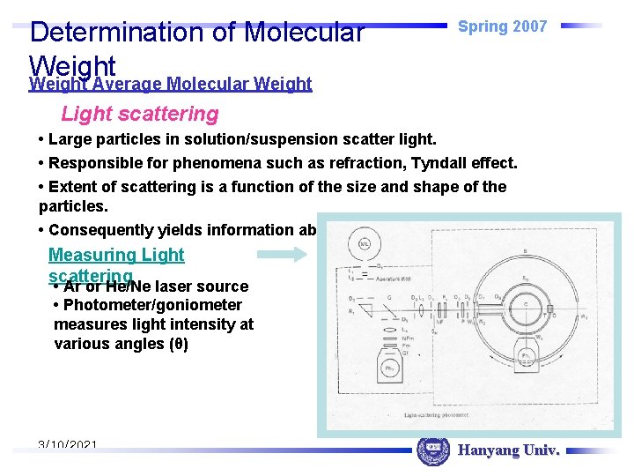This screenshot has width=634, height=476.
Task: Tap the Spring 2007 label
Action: pyautogui.click(x=502, y=26)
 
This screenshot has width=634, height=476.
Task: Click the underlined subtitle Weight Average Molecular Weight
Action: pyautogui.click(x=170, y=84)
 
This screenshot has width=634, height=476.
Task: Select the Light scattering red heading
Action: pyautogui.click(x=139, y=114)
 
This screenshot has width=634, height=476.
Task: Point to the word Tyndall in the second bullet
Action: pyautogui.click(x=442, y=163)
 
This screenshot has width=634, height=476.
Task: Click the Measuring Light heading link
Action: pyautogui.click(x=116, y=255)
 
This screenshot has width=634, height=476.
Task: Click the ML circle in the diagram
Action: pyautogui.click(x=358, y=242)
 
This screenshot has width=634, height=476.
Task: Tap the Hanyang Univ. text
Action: pyautogui.click(x=508, y=450)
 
